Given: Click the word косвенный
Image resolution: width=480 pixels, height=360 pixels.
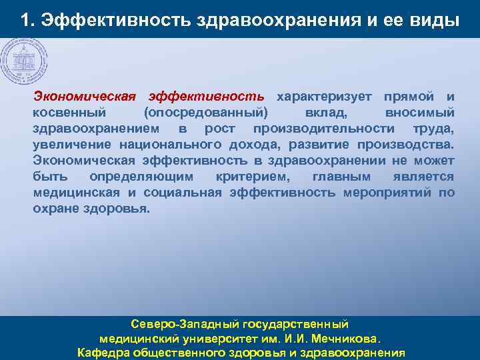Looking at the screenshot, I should pyautogui.click(x=69, y=113).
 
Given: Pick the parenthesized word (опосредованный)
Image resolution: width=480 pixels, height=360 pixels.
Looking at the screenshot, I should pyautogui.click(x=206, y=113).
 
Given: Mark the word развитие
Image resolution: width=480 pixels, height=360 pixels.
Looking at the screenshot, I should pyautogui.click(x=314, y=145).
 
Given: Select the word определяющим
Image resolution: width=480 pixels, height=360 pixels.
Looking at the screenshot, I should pyautogui.click(x=141, y=177).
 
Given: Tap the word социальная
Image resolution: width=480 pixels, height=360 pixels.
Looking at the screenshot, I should pyautogui.click(x=179, y=193).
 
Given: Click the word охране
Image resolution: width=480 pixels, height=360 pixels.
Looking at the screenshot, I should pyautogui.click(x=56, y=209).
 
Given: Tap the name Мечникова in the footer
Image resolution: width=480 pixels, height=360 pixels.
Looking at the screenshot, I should pyautogui.click(x=345, y=339).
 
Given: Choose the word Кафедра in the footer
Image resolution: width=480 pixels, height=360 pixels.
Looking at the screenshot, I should pyautogui.click(x=103, y=353).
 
